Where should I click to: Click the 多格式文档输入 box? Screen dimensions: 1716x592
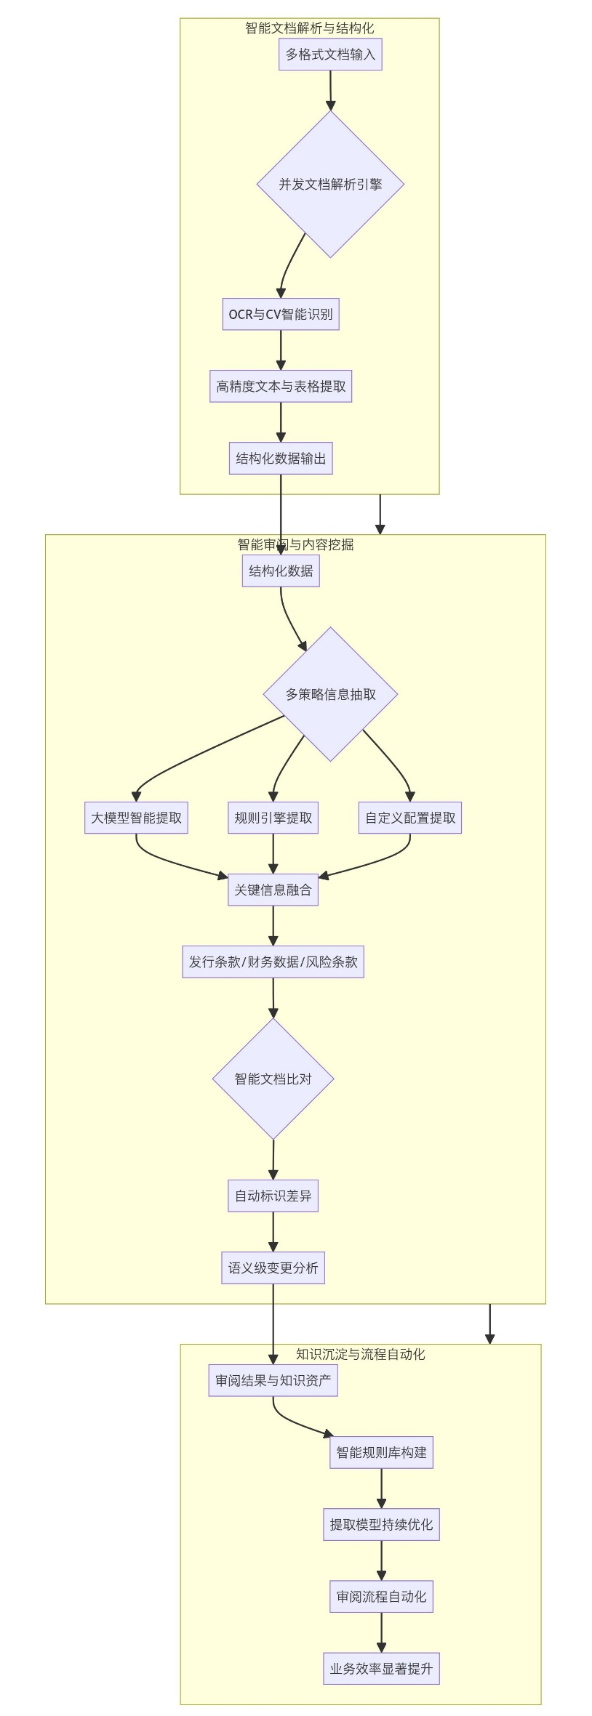tap(330, 55)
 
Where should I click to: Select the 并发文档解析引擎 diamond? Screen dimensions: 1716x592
tap(330, 184)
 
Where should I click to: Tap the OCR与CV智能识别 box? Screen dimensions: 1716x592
tap(281, 314)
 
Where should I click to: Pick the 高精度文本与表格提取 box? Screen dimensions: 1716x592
tap(281, 386)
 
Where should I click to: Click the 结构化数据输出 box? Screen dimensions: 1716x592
tap(281, 459)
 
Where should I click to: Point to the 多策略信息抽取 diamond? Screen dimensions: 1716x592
tap(330, 694)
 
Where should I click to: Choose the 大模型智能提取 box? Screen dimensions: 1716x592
tap(136, 818)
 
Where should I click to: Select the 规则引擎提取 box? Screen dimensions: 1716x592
tap(273, 818)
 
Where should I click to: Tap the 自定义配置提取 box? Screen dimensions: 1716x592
tap(410, 818)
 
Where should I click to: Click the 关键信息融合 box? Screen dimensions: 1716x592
tap(273, 890)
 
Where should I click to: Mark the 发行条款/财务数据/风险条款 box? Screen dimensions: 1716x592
tap(273, 962)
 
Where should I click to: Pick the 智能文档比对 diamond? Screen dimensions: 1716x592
tap(273, 1079)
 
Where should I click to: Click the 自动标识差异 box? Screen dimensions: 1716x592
tap(273, 1196)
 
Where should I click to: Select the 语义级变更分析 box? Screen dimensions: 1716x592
tap(273, 1268)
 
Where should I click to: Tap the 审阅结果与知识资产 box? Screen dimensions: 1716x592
tap(273, 1380)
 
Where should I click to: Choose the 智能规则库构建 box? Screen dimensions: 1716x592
tap(381, 1452)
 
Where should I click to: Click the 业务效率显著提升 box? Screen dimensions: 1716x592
tap(381, 1669)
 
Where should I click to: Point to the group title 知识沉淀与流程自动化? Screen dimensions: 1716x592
tap(361, 1354)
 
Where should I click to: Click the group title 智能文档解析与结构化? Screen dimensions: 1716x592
tap(310, 28)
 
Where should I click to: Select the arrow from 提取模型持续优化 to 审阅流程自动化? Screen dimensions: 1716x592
tap(381, 1560)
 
